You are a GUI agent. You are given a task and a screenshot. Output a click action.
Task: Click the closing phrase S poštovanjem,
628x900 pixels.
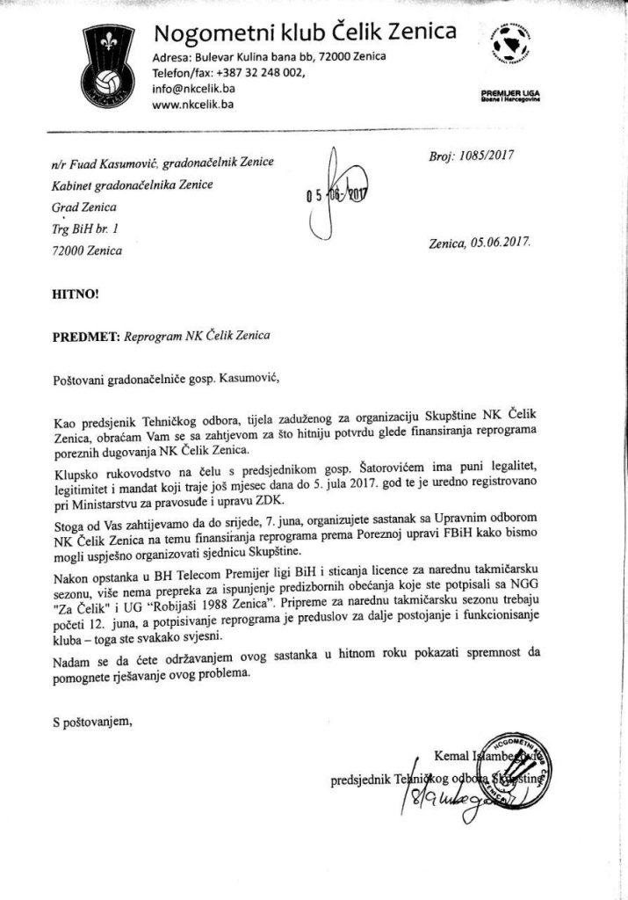pyautogui.click(x=92, y=722)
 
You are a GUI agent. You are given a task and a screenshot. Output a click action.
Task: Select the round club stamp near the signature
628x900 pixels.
pyautogui.click(x=509, y=766)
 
